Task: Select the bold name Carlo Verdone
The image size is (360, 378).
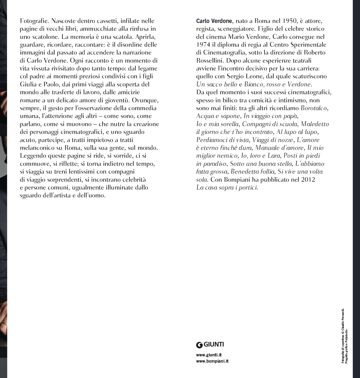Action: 214,21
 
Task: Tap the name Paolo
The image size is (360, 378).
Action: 51,84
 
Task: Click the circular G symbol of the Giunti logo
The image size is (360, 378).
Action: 199,345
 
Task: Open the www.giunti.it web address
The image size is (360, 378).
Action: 209,355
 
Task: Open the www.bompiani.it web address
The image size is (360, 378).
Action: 212,361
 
